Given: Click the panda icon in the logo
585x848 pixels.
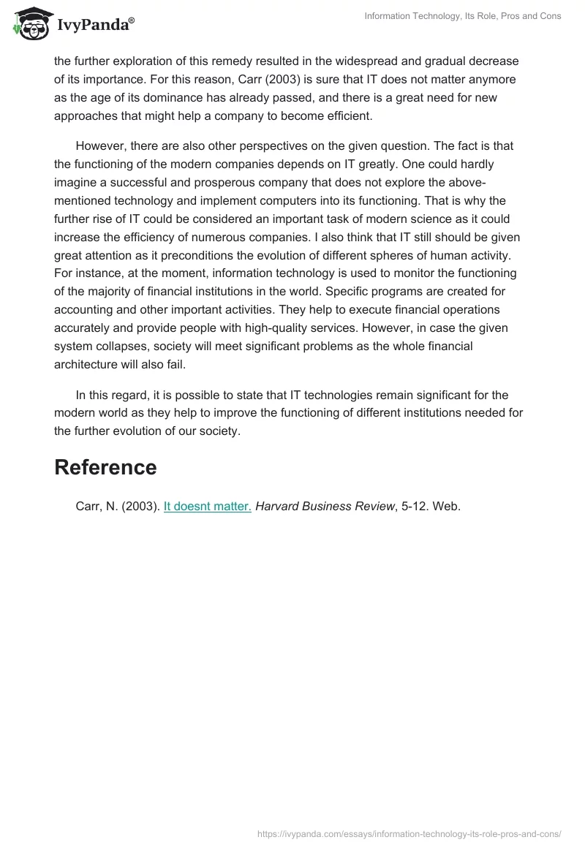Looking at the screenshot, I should pos(30,27).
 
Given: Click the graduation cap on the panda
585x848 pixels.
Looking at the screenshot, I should pos(30,14).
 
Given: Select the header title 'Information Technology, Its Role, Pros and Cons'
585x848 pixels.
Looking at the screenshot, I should pos(463,16).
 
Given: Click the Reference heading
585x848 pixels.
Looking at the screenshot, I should pos(105,467).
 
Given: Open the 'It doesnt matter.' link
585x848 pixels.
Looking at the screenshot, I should pos(207,506).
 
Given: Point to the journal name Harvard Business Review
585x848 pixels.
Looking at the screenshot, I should pos(325,506).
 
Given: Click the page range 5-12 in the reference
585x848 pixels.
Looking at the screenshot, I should pos(414,506).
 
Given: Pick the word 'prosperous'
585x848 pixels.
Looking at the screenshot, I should pos(244,182).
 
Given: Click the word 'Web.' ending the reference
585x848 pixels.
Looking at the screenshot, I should pos(446,506).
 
